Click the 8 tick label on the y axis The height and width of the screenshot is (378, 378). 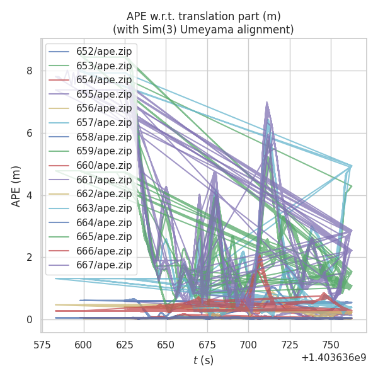pos(30,71)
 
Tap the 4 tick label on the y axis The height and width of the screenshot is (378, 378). pos(30,195)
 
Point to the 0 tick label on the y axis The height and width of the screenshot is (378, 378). pos(30,320)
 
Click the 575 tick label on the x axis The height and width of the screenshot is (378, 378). pos(42,345)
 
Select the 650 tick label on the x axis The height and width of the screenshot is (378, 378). pos(166,345)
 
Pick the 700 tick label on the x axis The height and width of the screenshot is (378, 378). pos(248,345)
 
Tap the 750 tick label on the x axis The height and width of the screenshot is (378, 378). pos(331,345)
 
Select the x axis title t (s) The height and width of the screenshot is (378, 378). pos(203,360)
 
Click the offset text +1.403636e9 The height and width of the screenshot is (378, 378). pos(333,357)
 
